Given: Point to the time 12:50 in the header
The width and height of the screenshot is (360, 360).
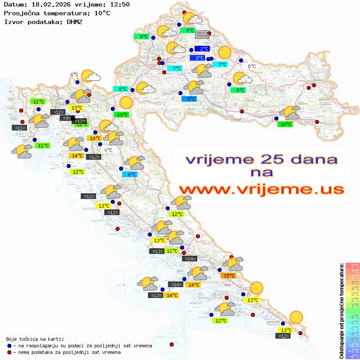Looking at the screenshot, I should (x=120, y=5).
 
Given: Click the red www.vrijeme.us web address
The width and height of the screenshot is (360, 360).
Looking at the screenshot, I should (x=261, y=189).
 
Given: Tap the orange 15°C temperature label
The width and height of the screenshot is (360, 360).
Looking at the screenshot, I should (x=229, y=275).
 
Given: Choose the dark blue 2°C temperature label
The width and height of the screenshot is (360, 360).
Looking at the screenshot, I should (x=203, y=49).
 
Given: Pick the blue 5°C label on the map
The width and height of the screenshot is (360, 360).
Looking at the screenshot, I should (x=189, y=99).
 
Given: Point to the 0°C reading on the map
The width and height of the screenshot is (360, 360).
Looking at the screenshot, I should (x=109, y=150).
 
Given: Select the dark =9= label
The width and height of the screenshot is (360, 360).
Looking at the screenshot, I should (x=66, y=118).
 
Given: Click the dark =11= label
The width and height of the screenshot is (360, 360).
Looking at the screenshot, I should (x=20, y=128).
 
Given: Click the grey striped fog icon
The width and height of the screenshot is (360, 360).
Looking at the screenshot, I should (x=202, y=35).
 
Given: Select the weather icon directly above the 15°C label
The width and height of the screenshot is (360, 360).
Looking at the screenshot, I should (x=233, y=264).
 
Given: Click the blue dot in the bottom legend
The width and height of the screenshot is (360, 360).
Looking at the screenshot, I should (x=10, y=346).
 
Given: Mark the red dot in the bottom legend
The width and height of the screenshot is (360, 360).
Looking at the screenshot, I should (x=10, y=352).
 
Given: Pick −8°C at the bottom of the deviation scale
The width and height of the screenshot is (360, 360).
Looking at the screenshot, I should (x=352, y=357).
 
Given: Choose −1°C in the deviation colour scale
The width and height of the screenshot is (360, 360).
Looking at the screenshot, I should (x=352, y=316).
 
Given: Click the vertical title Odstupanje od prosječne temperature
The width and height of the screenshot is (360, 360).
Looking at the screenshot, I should (x=342, y=311).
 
